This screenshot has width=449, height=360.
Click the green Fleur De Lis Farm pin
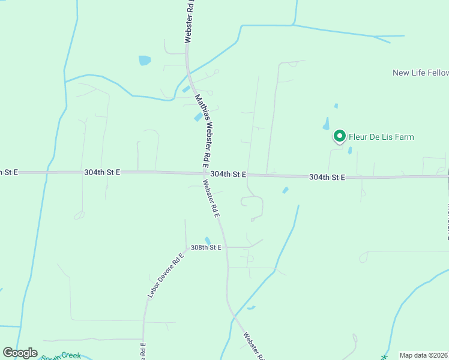click(x=339, y=137)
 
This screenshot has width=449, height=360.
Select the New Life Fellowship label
click(x=420, y=73)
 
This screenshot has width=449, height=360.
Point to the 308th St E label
click(x=206, y=247)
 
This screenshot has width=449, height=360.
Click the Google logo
click(x=20, y=353)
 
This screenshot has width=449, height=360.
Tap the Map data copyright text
click(x=424, y=355)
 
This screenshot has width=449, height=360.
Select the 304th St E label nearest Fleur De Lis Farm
click(x=327, y=178)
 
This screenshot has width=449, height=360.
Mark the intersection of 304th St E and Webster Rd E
click(x=202, y=174)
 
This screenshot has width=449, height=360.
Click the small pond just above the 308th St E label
click(x=208, y=241)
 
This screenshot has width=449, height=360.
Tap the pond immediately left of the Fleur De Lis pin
click(x=326, y=125)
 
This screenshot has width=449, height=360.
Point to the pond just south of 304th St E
click(x=285, y=190)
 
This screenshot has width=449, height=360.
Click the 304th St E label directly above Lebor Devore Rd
click(x=102, y=172)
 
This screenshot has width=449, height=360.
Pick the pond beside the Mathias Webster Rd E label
click(x=197, y=117)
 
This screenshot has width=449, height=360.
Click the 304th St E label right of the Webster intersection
click(x=229, y=174)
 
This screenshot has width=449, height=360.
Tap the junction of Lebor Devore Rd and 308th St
click(x=185, y=247)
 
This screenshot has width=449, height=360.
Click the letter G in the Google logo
click(x=8, y=353)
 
